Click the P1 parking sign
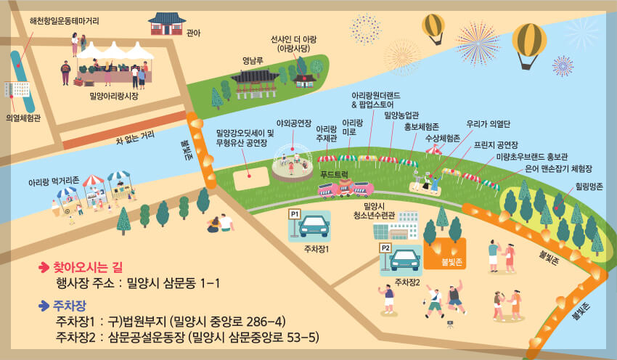coord(295,215)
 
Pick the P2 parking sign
coord(386,247)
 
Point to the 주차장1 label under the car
coord(316,248)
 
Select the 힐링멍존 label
coord(589,187)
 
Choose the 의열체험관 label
coord(23,118)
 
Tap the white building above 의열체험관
coord(17,90)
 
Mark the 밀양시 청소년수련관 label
coord(373,210)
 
